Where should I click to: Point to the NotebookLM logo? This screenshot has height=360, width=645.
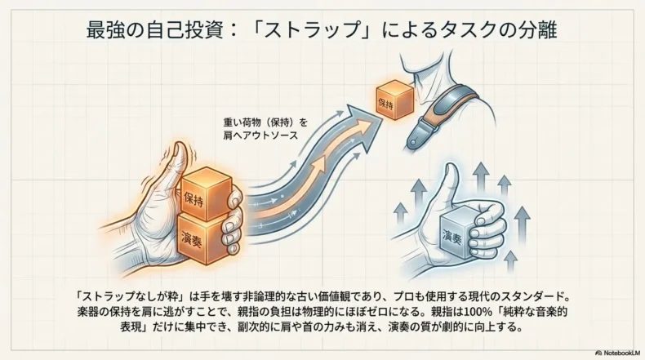click(x=618, y=353)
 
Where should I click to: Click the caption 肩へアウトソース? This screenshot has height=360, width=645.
click(x=260, y=136)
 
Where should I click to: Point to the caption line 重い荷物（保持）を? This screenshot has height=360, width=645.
click(x=265, y=122)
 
